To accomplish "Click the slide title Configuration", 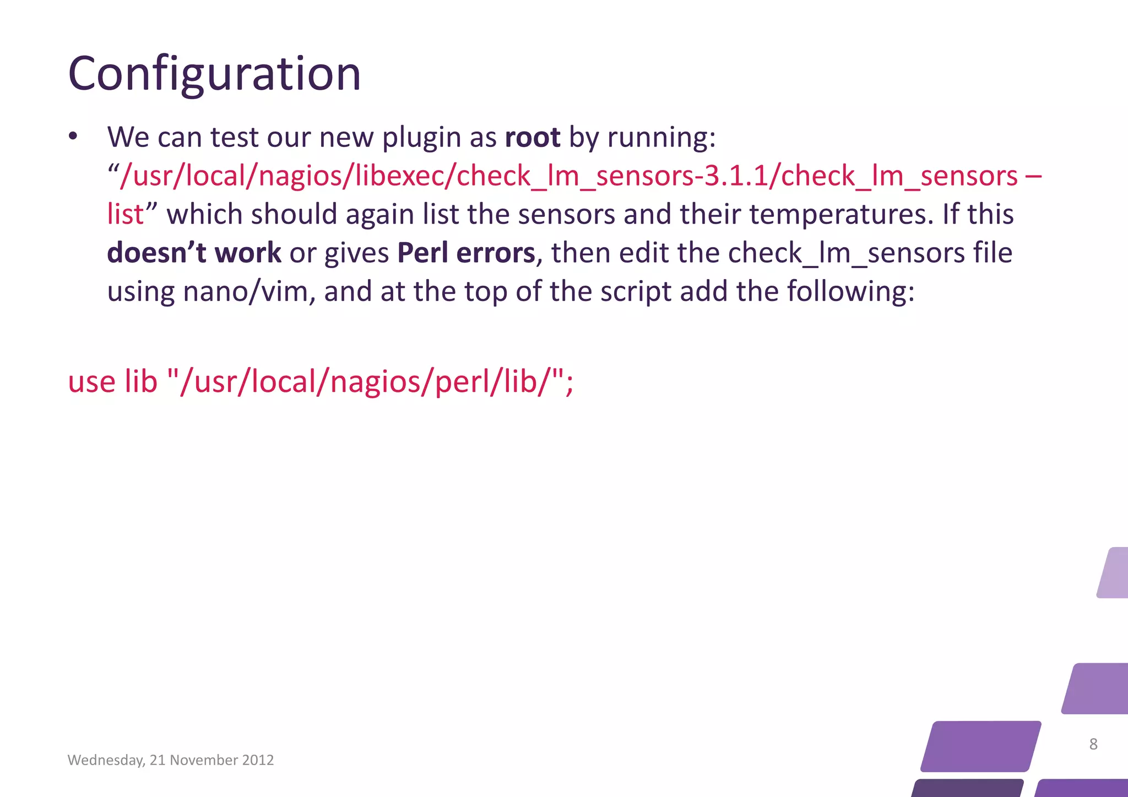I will click(214, 74).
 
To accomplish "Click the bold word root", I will click(532, 137).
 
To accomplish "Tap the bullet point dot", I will click(73, 137).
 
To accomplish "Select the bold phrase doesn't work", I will click(194, 253).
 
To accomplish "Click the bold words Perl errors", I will click(466, 253).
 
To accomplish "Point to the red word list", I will click(125, 215).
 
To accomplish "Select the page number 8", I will click(1093, 744).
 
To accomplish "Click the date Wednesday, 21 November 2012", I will click(171, 760).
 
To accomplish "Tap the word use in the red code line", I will click(91, 382).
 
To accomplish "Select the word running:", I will click(661, 137).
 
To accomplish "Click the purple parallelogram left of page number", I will click(980, 746).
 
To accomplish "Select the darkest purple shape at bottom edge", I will click(967, 788).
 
